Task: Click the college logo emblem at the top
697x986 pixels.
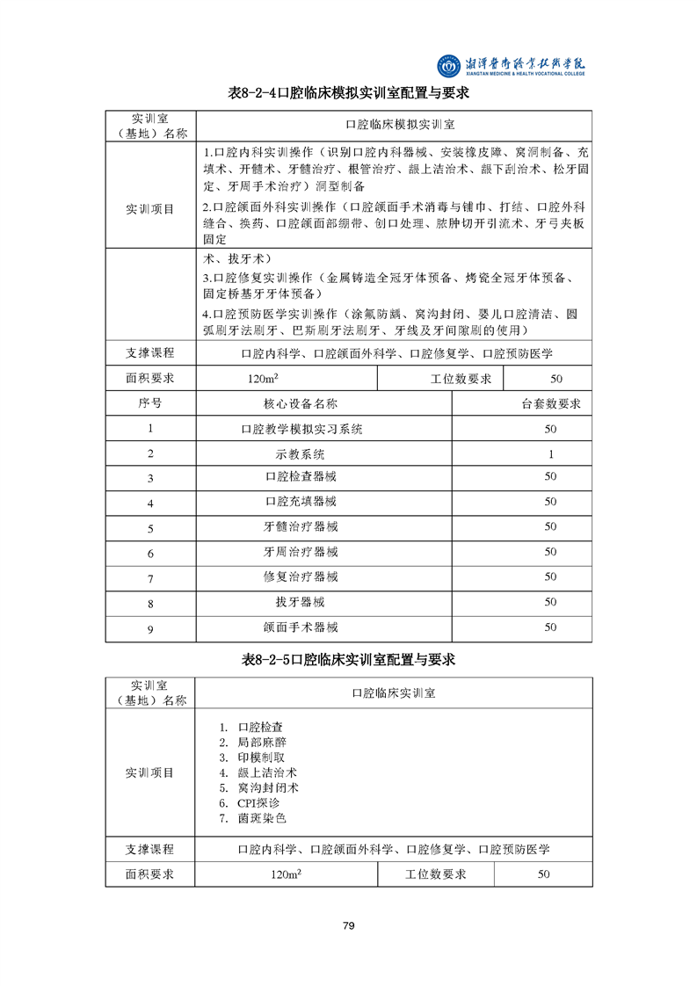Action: pos(449,65)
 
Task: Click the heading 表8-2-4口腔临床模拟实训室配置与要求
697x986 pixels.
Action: pos(348,92)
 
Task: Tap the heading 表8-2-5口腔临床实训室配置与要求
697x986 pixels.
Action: pos(348,659)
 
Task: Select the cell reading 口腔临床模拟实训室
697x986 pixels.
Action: pos(394,125)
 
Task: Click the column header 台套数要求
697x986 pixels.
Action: pos(550,404)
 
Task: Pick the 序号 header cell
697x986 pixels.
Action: pos(150,404)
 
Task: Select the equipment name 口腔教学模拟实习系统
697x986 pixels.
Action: pos(301,429)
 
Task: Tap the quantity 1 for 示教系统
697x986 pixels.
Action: pos(550,454)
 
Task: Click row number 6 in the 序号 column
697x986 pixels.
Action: pos(150,553)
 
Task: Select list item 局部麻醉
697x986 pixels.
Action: pos(261,743)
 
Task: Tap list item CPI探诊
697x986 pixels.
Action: pos(258,803)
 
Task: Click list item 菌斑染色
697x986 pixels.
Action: pos(261,818)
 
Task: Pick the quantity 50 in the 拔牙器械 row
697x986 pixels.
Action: pos(550,603)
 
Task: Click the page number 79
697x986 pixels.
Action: pos(348,925)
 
